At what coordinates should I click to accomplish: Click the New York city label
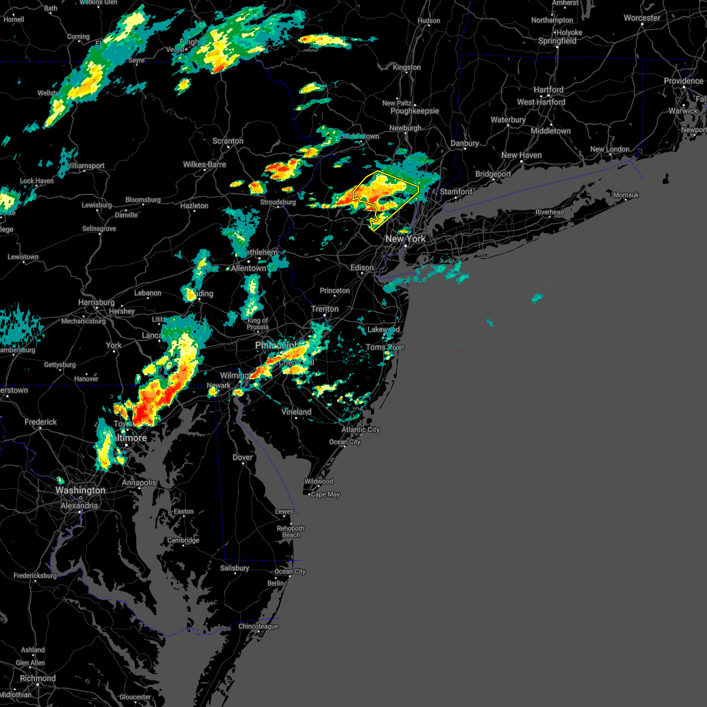[x=405, y=239]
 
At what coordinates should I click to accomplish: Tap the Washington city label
[x=81, y=490]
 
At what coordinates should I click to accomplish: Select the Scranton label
[x=228, y=141]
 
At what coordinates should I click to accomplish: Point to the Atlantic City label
[x=361, y=430]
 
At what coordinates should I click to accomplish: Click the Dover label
[x=243, y=457]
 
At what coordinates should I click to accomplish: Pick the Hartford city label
[x=549, y=90]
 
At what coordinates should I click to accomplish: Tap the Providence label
[x=683, y=81]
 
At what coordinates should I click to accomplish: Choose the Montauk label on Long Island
[x=626, y=195]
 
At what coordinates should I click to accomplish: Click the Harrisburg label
[x=97, y=302]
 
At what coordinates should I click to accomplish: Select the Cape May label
[x=325, y=494]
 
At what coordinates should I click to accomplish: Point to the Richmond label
[x=38, y=678]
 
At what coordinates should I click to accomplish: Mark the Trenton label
[x=325, y=309]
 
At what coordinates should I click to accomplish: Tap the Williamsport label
[x=86, y=166]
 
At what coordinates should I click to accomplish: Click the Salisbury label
[x=234, y=568]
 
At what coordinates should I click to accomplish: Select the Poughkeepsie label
[x=415, y=111]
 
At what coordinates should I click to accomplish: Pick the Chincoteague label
[x=259, y=626]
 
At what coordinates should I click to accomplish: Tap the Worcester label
[x=642, y=18]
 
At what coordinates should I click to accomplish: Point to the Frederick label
[x=41, y=422]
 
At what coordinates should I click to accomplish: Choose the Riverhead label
[x=550, y=212]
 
